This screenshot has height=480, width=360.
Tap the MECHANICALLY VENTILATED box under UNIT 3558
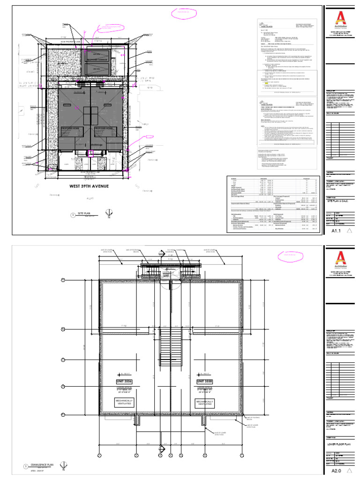tap(205, 404)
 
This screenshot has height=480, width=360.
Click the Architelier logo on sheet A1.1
tap(340, 20)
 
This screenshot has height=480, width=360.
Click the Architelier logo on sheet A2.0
tap(340, 259)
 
